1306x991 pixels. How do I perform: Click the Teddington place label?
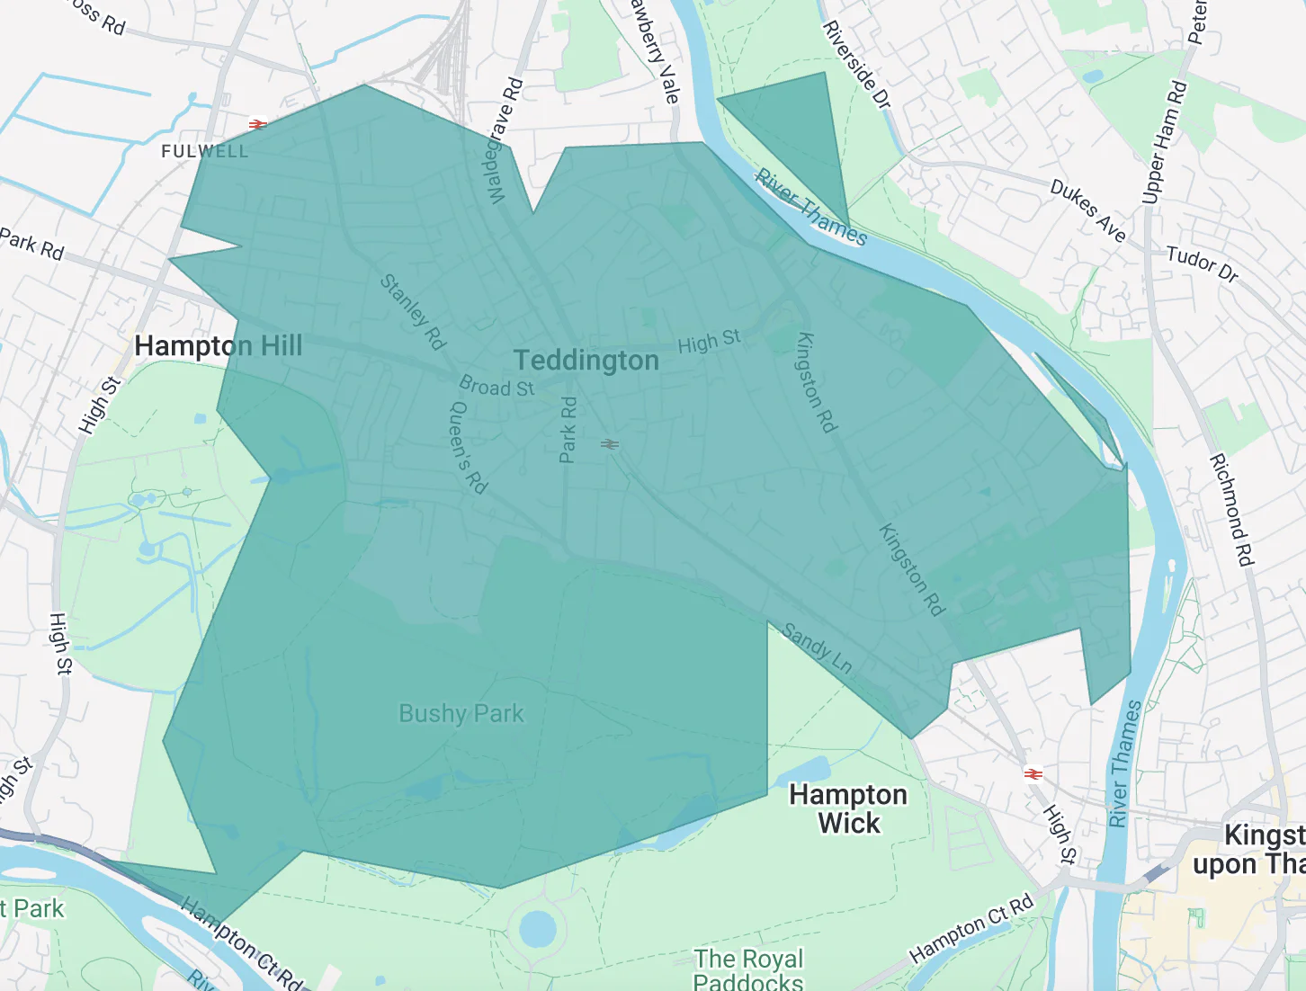[586, 361]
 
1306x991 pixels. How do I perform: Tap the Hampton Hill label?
[218, 346]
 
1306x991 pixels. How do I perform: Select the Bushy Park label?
[461, 714]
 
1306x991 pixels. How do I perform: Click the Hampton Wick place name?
[848, 808]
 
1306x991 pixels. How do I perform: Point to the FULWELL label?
[204, 151]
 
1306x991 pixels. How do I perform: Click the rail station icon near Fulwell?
[258, 124]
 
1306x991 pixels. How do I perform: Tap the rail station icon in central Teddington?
[610, 443]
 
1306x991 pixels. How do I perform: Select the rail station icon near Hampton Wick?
[1033, 773]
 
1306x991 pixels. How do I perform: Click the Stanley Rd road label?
[413, 311]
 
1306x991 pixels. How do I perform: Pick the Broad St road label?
[496, 387]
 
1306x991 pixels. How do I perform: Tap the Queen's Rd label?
[468, 447]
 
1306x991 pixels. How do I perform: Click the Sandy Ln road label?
[817, 647]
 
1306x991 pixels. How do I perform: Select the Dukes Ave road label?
[1087, 210]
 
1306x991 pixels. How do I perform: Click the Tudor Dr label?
[1202, 263]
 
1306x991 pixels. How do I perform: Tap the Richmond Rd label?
[1231, 510]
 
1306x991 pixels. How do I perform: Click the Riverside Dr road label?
[856, 66]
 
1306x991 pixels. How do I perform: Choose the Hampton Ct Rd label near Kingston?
[971, 929]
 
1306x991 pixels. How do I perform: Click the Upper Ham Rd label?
[1164, 142]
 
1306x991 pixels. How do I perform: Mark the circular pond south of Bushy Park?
[537, 928]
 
